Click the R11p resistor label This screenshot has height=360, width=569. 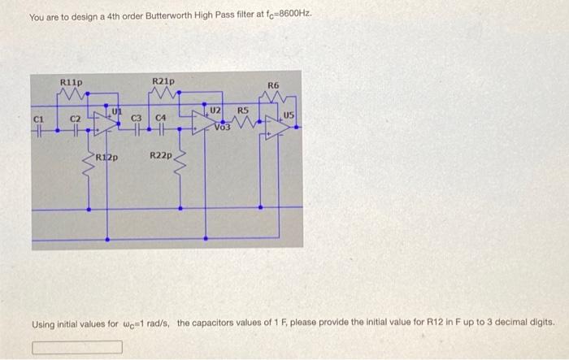point(72,81)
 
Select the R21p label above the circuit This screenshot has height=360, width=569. point(163,81)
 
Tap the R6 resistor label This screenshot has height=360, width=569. point(273,85)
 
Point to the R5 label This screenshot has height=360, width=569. point(242,111)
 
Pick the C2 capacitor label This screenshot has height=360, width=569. point(75,120)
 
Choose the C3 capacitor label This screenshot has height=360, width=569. point(137,120)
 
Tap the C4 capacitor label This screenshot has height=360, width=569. point(161,120)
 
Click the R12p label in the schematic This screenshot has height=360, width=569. point(107,158)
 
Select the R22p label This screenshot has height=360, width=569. point(161,154)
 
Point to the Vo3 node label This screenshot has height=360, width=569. point(224,128)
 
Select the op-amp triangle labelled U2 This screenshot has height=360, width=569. point(202,122)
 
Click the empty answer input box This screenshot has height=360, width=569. point(78,348)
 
